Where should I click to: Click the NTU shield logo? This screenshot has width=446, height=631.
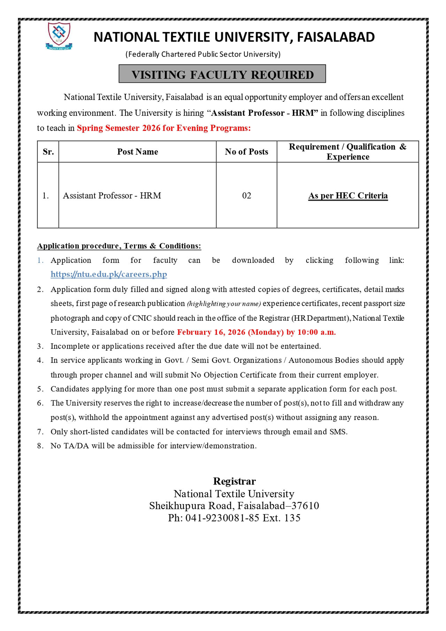[59, 36]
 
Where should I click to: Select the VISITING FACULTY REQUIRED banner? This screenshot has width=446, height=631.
[222, 74]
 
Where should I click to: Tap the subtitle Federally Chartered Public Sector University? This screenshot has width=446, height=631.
[203, 54]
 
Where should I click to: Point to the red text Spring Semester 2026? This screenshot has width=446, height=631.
[118, 128]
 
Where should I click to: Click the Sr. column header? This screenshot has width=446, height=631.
[48, 152]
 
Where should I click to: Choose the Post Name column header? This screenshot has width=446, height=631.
[137, 152]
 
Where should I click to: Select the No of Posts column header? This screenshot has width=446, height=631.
[246, 152]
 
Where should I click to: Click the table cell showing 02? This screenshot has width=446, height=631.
[246, 196]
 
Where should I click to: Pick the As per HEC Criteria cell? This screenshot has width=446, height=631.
[348, 196]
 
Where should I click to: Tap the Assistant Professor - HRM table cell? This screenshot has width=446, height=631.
[112, 196]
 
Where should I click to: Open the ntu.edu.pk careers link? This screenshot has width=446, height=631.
[109, 274]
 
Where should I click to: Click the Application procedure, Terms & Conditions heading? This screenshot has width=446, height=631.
[119, 246]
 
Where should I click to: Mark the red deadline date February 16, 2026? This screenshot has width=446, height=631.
[211, 332]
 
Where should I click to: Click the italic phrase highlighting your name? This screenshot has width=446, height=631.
[224, 304]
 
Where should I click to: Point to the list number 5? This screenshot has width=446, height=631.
[40, 389]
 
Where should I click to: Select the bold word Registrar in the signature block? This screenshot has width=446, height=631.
[234, 481]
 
